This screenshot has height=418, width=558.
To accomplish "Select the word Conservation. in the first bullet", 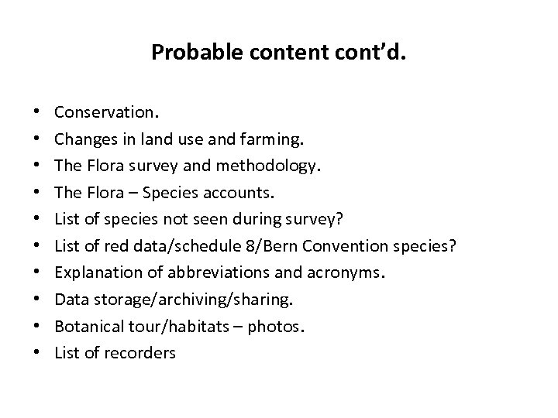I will (107, 112).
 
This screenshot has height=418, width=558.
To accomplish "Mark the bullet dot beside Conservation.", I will (37, 113).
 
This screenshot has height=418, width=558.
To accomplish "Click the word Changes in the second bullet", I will (82, 139).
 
